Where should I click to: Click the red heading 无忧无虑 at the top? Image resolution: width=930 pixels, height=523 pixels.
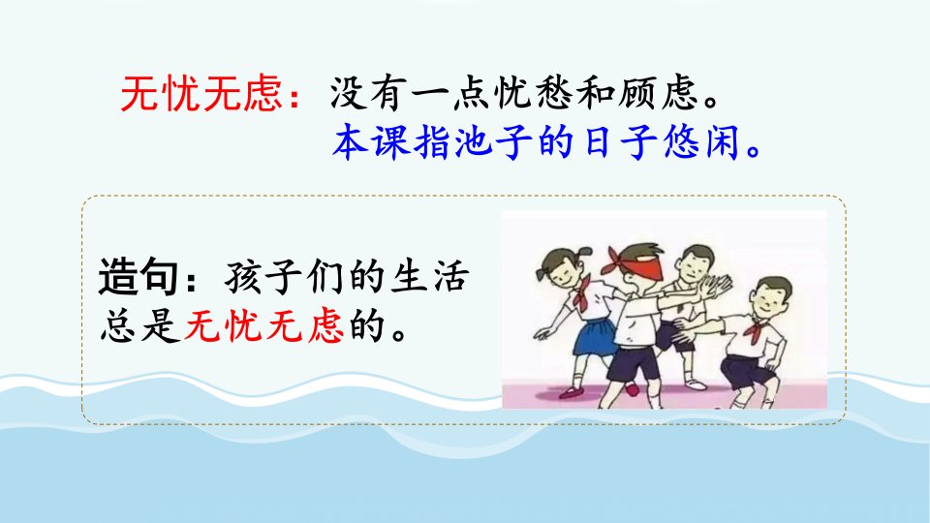(201, 94)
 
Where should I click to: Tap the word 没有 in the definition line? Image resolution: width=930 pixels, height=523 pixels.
(368, 94)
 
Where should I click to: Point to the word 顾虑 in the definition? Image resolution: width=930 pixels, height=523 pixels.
(658, 94)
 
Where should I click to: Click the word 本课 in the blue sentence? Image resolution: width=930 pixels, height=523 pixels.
(371, 142)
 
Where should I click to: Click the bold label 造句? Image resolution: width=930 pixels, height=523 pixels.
(138, 276)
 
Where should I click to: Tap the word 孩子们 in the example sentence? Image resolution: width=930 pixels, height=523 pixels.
(284, 276)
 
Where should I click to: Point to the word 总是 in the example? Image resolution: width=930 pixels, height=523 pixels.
(139, 325)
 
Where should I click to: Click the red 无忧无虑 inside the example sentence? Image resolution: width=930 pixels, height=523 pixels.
(263, 325)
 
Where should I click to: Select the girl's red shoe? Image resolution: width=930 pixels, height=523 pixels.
(572, 392)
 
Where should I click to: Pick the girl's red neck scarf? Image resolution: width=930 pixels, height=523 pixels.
(583, 294)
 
